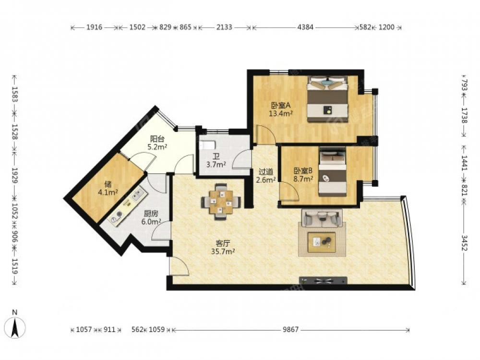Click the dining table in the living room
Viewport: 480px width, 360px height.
point(221,202)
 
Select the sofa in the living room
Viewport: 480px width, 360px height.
point(322,218)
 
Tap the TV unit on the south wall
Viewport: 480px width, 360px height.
point(323,280)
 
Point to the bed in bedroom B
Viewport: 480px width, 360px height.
point(333,172)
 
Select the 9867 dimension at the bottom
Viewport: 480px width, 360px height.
point(290,330)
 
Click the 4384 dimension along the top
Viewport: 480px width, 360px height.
point(305,27)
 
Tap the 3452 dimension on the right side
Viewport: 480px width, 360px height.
point(464,243)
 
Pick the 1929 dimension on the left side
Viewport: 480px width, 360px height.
point(15,175)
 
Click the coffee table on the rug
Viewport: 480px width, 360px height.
point(322,242)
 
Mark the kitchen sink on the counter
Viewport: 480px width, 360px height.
point(138,195)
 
